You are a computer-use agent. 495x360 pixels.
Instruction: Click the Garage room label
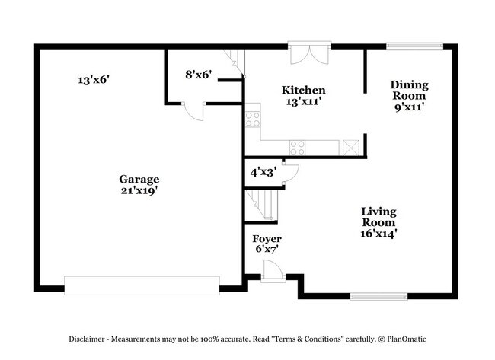139,179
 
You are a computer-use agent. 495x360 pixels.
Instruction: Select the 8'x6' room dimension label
198,75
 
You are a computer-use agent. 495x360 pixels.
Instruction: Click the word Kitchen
304,90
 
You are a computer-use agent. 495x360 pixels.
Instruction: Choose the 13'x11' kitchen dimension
304,101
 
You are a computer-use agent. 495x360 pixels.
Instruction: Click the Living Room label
378,217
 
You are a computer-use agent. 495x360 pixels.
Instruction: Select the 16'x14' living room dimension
378,234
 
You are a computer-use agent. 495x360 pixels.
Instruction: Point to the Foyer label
267,239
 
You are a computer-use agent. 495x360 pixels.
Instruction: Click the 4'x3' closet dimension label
263,173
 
